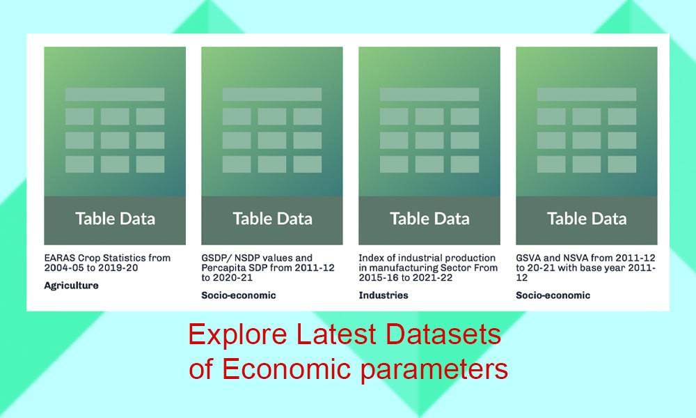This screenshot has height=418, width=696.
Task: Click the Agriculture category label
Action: pos(71,286)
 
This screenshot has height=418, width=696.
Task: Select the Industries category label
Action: pos(383,295)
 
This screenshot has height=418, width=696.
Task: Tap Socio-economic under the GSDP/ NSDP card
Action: pos(238,295)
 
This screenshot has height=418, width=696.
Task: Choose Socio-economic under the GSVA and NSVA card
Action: pos(553,295)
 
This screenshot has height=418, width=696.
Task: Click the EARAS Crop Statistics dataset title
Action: pos(107,263)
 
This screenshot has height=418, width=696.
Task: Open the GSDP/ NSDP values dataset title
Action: pos(268,268)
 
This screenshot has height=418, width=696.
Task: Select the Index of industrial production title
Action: pos(428,268)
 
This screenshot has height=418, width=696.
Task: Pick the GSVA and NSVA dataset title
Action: pos(585,268)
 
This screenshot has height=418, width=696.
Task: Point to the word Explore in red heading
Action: pos(238,335)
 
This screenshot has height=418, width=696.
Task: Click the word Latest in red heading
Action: pos(336,334)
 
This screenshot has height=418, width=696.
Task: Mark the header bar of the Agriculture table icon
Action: pos(115,94)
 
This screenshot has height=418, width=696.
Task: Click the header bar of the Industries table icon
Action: pos(429,94)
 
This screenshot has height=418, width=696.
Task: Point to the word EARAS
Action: pos(60,258)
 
